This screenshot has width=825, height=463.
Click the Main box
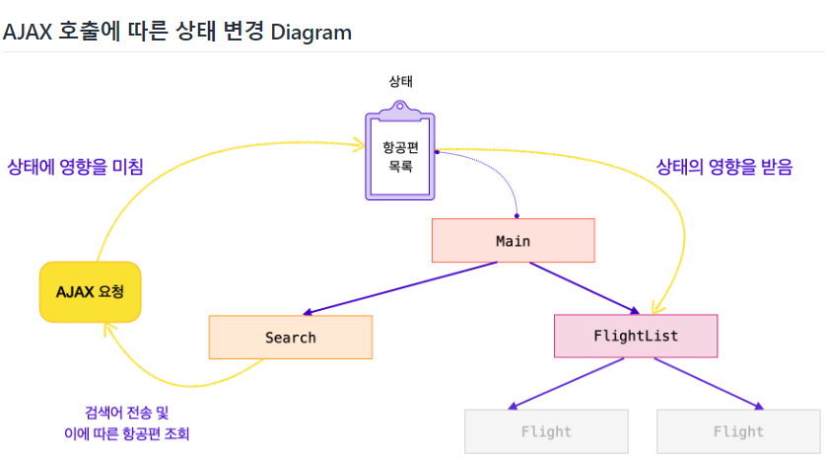pos(513,240)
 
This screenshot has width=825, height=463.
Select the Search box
pos(290,337)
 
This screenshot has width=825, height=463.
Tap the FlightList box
pos(636,336)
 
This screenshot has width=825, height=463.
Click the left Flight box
pos(546,431)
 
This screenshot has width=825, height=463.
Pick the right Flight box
pos(738,431)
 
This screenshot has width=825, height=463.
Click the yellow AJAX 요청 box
pos(90,291)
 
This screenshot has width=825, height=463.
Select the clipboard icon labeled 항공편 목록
pos(399,156)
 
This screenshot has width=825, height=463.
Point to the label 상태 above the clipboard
pos(401,82)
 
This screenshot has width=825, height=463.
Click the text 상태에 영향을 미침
pos(75,166)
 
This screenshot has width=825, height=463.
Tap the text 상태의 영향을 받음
pos(724,166)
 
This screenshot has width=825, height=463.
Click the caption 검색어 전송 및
pos(127,413)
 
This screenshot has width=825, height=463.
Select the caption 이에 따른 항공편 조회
pos(126,433)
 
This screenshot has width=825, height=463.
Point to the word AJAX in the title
pos(29,32)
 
